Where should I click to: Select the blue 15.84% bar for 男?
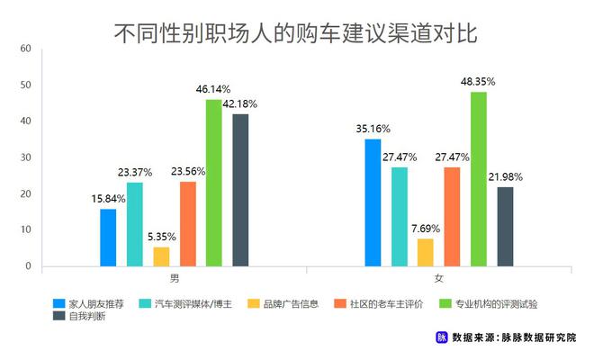108,238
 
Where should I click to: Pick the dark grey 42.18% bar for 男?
240,190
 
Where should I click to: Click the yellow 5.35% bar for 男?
161,256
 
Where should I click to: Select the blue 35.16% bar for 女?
373,202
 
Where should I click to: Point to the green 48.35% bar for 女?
478,179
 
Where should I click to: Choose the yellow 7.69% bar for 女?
425,252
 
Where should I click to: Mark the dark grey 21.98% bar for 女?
505,227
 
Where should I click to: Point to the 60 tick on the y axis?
25,48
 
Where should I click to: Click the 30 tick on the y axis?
25,157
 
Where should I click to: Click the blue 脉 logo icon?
442,338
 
